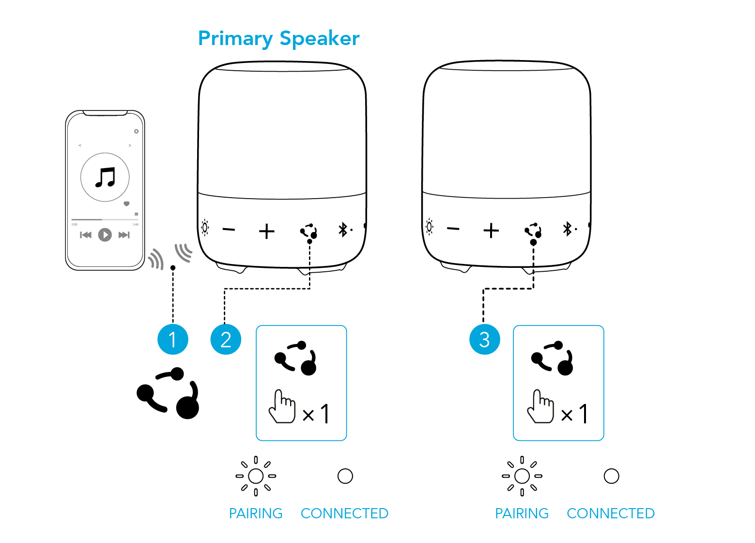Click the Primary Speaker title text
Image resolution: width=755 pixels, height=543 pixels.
(x=279, y=38)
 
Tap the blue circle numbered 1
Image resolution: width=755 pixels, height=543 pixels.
(x=172, y=340)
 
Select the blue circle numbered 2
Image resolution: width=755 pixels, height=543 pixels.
(x=226, y=340)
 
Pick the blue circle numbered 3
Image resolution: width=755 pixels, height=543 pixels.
(x=484, y=340)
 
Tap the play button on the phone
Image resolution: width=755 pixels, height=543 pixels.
(x=105, y=235)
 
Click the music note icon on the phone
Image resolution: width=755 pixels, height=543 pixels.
(x=105, y=177)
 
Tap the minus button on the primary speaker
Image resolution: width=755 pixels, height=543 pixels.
(x=229, y=229)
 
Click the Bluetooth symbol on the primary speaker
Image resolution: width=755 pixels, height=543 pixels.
(x=343, y=230)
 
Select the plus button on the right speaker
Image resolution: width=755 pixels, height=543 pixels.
(x=491, y=230)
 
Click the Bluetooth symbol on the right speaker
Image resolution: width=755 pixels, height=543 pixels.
(x=568, y=229)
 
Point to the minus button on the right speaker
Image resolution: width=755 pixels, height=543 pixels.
(x=453, y=228)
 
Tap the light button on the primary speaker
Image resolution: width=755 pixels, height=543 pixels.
(x=205, y=227)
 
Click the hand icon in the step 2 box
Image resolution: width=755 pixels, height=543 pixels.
(x=282, y=406)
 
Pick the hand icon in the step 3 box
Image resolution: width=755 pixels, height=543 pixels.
(x=540, y=406)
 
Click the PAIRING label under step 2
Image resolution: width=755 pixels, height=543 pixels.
(x=256, y=513)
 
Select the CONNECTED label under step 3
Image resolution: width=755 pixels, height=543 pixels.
(x=611, y=513)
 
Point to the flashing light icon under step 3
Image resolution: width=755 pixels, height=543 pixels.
(x=522, y=476)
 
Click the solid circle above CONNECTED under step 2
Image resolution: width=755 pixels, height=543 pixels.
(x=345, y=476)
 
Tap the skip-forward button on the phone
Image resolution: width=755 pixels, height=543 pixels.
(x=124, y=235)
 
